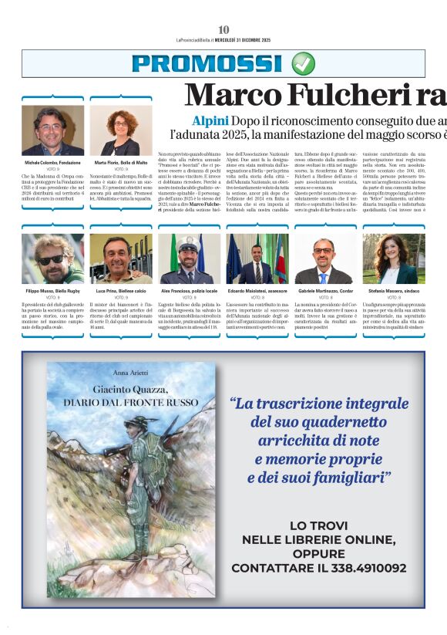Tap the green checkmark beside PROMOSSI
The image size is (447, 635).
(303, 63)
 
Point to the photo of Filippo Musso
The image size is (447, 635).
(53, 259)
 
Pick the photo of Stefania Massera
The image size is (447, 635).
(393, 259)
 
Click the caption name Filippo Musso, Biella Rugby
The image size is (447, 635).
(53, 291)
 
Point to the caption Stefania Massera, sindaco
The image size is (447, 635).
(393, 291)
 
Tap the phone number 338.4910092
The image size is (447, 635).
(363, 568)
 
